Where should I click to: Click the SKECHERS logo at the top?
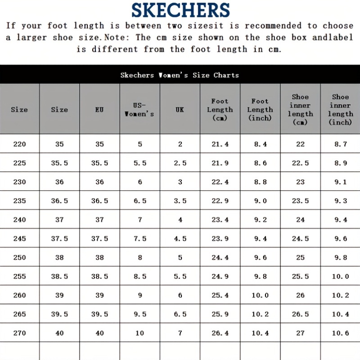click(x=180, y=10)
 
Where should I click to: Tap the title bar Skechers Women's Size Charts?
click(x=180, y=75)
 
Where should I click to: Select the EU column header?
click(x=99, y=109)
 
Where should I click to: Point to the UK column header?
click(x=180, y=109)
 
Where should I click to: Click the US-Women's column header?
click(x=139, y=109)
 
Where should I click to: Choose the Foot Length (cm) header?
click(x=220, y=109)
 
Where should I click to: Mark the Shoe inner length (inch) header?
click(x=341, y=109)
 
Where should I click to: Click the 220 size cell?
click(x=19, y=144)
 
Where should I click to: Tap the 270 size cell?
click(x=19, y=333)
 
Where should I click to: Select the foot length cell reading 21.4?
click(x=220, y=144)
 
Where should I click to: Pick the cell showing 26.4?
click(x=220, y=333)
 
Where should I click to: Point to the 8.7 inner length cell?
click(x=341, y=144)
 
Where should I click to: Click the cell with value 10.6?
click(x=341, y=333)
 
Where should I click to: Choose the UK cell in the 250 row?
click(x=180, y=257)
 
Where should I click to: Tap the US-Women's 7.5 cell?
click(x=140, y=238)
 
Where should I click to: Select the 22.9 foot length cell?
click(x=220, y=201)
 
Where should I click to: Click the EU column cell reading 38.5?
click(x=99, y=276)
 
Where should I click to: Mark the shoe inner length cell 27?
click(x=301, y=333)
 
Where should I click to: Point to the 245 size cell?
click(x=19, y=238)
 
